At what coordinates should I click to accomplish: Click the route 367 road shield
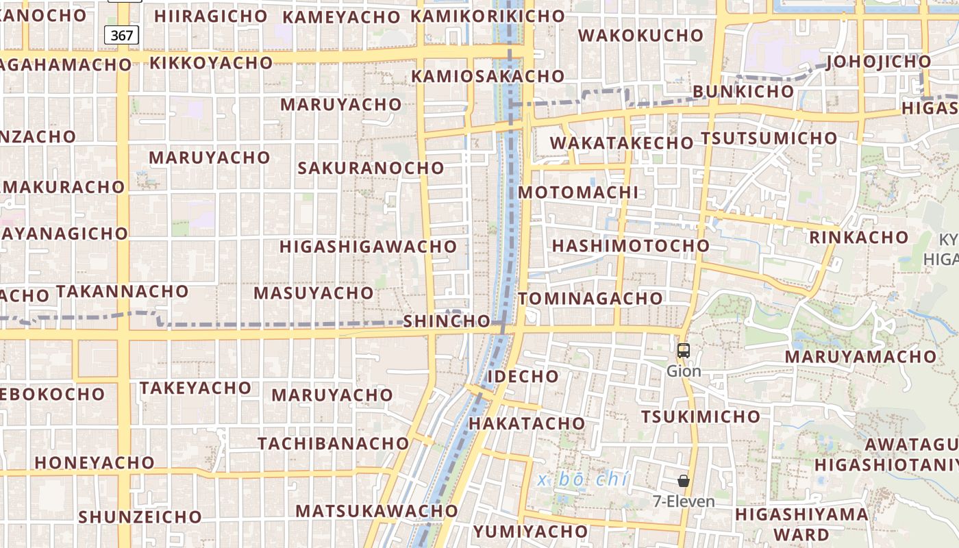click(121, 35)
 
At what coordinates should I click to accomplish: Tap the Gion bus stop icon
click(683, 351)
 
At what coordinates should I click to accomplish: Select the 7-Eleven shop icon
click(683, 481)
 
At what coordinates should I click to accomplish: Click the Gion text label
click(684, 371)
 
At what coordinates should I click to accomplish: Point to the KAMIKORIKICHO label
click(487, 16)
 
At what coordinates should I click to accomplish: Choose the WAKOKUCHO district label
click(640, 35)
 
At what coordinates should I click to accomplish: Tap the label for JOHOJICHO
click(879, 62)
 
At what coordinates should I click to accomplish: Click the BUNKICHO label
click(743, 91)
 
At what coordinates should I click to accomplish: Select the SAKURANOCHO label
click(371, 168)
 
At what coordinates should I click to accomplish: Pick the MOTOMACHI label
click(577, 192)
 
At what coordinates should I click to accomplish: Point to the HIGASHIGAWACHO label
click(368, 247)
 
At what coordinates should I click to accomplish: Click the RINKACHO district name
click(858, 238)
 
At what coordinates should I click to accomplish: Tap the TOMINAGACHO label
click(590, 299)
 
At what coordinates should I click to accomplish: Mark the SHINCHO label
click(447, 321)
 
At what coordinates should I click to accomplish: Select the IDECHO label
click(523, 376)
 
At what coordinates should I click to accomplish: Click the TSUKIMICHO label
click(700, 416)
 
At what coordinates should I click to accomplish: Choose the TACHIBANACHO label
click(334, 443)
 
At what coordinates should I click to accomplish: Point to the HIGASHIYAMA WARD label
click(801, 524)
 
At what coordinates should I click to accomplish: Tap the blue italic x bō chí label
click(582, 480)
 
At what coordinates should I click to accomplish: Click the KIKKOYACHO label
click(211, 63)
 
